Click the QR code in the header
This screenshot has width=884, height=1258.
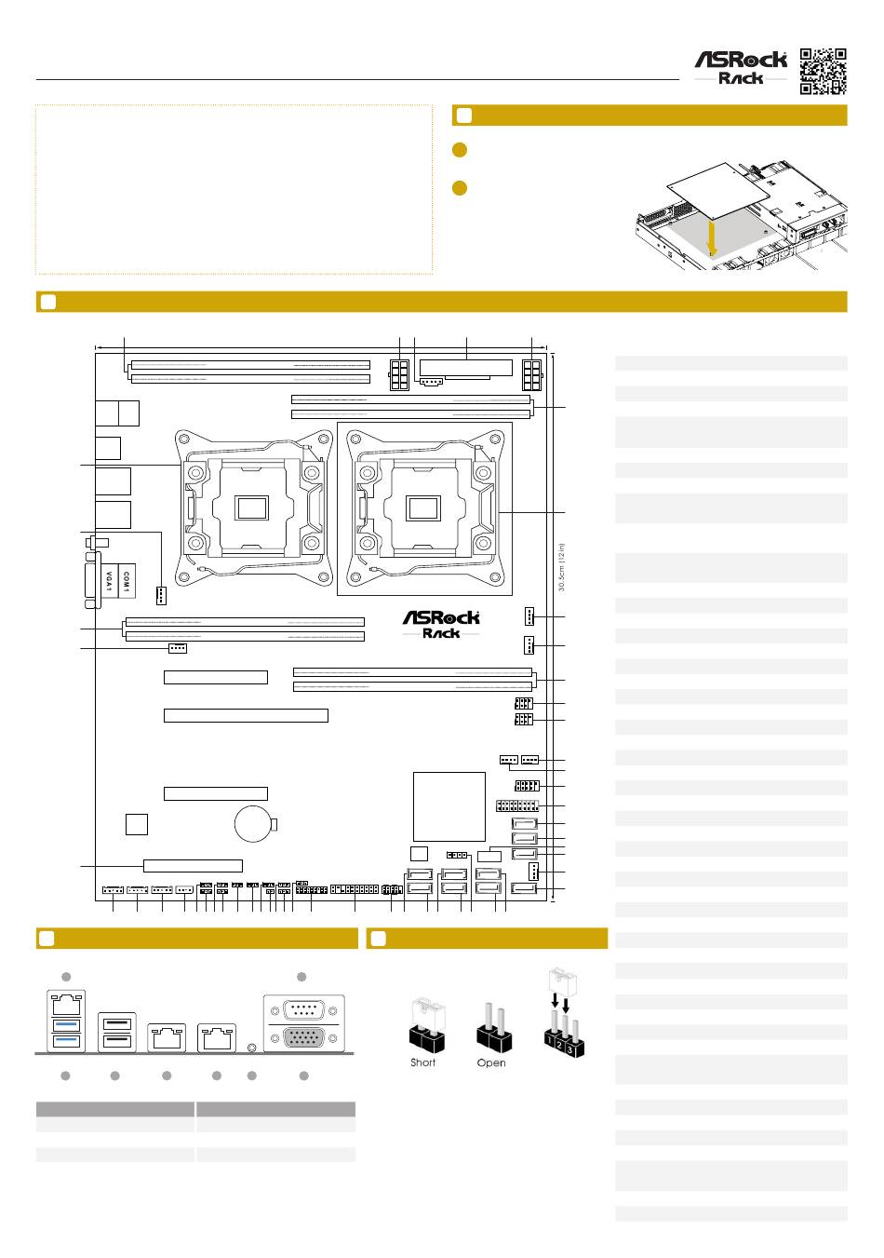pos(824,70)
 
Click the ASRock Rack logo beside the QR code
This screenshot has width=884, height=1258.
pos(742,67)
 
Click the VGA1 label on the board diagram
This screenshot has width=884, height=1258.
pos(109,581)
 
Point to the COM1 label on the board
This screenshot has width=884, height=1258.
pos(127,581)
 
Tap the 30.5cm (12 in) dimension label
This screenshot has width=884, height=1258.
pos(562,568)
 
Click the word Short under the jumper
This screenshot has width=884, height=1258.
pos(422,1062)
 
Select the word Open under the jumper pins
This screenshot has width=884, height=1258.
pos(491,1062)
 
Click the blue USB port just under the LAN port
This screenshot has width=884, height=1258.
pos(67,1025)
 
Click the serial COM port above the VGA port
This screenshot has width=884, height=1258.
pos(303,1008)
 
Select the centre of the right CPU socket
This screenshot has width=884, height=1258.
pos(422,508)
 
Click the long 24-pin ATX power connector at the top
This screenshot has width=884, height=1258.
pos(465,367)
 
